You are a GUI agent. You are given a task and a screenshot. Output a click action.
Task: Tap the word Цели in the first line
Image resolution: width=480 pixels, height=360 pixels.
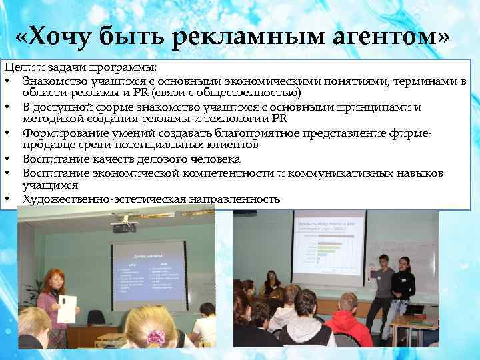tap(17, 69)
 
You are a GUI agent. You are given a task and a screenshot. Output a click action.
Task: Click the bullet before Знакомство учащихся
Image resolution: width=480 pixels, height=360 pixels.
tap(8, 81)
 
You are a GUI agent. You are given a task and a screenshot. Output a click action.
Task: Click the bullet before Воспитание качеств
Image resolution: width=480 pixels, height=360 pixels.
tap(8, 160)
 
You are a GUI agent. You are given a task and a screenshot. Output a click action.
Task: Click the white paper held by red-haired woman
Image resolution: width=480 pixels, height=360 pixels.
tap(67, 308)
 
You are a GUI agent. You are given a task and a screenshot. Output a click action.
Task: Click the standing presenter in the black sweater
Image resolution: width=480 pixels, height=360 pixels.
tap(403, 287)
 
